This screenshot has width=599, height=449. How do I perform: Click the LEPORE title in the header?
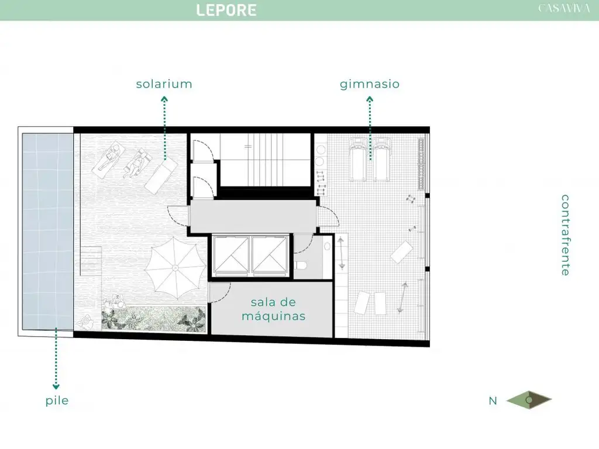pyautogui.click(x=226, y=10)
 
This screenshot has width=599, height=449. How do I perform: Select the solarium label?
pyautogui.click(x=164, y=84)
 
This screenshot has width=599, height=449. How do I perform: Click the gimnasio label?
pyautogui.click(x=370, y=84)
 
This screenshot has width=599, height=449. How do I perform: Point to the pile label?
pyautogui.click(x=57, y=400)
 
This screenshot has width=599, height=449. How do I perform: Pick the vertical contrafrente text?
pyautogui.click(x=565, y=235)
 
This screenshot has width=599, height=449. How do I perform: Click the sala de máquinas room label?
pyautogui.click(x=273, y=309)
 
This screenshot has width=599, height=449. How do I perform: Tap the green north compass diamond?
pyautogui.click(x=529, y=400)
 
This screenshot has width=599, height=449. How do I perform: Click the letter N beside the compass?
pyautogui.click(x=493, y=400)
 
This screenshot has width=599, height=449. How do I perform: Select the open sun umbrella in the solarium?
pyautogui.click(x=175, y=268)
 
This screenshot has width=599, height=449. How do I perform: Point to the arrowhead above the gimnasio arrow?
pyautogui.click(x=370, y=100)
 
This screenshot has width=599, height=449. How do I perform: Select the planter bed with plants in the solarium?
pyautogui.click(x=154, y=319)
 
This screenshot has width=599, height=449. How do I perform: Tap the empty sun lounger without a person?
pyautogui.click(x=160, y=177)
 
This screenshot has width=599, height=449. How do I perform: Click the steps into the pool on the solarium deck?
pyautogui.click(x=91, y=262)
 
